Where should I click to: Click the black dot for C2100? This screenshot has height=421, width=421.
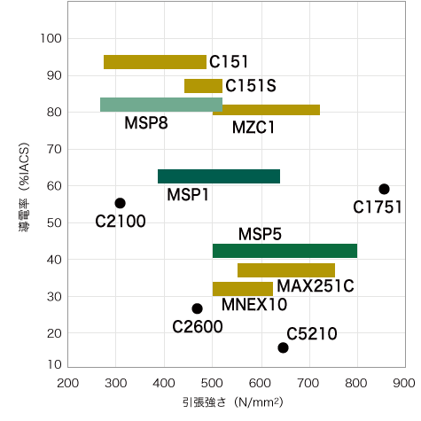[120, 203]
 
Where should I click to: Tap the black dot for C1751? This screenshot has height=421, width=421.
[384, 189]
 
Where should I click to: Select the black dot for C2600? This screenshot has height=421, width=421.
[197, 308]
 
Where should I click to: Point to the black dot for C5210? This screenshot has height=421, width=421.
[283, 347]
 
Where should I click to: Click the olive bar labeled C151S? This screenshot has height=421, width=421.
[203, 86]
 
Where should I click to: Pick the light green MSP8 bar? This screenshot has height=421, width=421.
[161, 105]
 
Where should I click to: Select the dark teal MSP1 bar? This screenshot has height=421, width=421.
[219, 176]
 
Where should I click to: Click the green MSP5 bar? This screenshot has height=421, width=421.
[285, 251]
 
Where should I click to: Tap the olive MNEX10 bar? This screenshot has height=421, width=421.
[243, 289]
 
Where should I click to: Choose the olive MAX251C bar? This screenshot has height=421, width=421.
[286, 270]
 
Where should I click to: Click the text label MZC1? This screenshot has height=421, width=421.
[253, 128]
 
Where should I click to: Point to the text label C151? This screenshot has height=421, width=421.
[229, 62]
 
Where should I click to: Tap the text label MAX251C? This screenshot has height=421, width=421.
[316, 285]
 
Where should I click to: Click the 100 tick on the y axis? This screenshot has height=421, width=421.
[51, 38]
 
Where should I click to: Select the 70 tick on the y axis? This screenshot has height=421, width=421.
[54, 149]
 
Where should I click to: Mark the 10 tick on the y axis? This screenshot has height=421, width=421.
[54, 364]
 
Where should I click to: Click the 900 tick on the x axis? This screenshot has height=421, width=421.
[403, 383]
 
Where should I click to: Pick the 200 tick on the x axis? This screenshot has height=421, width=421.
[68, 383]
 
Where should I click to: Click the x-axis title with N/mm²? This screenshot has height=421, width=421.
[233, 402]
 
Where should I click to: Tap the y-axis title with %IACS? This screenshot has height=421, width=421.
[24, 187]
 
